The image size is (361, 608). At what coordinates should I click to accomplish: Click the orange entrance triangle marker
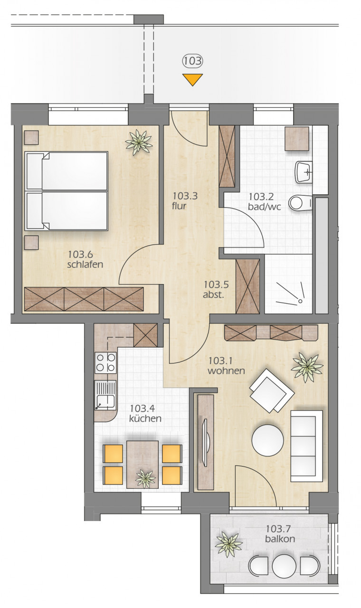(x=192, y=79)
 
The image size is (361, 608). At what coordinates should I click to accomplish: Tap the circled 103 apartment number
(x=192, y=61)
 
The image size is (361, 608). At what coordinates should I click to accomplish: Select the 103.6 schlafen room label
(x=85, y=259)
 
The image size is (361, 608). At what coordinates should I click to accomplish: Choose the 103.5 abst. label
(x=216, y=289)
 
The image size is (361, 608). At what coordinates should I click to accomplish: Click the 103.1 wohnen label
(x=226, y=366)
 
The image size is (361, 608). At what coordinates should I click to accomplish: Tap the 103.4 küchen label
(x=145, y=413)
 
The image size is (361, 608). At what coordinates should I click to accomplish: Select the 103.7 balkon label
(x=280, y=533)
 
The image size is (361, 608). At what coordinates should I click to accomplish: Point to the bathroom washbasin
(x=304, y=172)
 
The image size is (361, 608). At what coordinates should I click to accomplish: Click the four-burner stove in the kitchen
(x=105, y=362)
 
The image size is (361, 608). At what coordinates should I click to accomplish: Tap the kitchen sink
(x=105, y=395)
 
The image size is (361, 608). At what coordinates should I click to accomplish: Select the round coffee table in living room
(x=267, y=440)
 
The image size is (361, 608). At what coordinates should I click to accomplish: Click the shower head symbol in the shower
(x=300, y=301)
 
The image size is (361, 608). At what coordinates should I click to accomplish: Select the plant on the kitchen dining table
(x=146, y=478)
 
